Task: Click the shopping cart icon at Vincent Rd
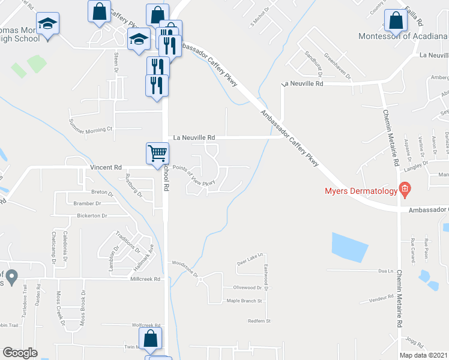tap(157, 152)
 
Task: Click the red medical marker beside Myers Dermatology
tap(405, 191)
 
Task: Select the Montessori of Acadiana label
tap(403, 36)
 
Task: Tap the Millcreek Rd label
tap(145, 279)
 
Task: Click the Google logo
tap(20, 353)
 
